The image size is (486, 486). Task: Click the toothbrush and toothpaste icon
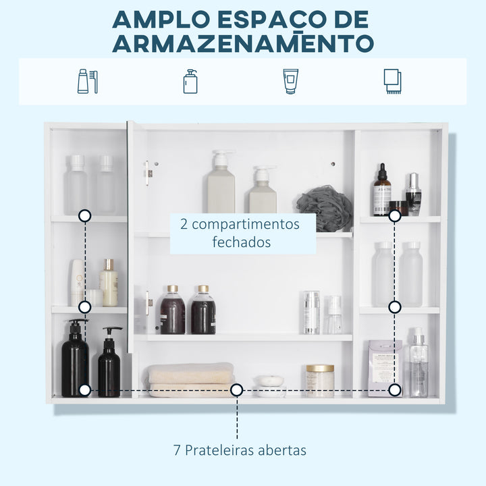tap(88, 81)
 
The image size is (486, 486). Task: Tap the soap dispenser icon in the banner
tap(190, 81)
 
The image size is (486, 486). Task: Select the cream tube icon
tap(290, 81)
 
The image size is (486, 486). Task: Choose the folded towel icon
tap(392, 81)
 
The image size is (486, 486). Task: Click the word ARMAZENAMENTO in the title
tap(243, 43)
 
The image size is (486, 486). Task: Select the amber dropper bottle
tap(382, 192)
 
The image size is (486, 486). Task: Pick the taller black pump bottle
tap(75, 359)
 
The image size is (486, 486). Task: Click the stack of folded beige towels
tap(191, 379)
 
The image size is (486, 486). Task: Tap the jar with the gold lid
tap(320, 380)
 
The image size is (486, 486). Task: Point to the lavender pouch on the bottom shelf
tap(385, 368)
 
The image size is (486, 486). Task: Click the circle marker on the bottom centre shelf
tap(236, 389)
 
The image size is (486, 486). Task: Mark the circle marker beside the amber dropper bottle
tap(395, 216)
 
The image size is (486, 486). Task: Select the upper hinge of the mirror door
tap(148, 173)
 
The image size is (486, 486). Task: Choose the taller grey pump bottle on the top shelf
tap(221, 184)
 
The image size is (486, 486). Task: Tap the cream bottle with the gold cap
tap(109, 284)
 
